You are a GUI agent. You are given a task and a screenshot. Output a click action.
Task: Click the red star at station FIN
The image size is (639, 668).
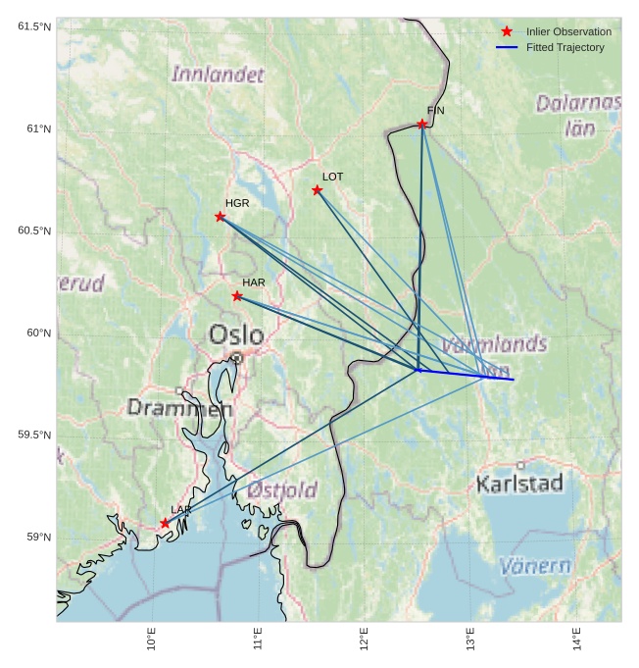pos(422,124)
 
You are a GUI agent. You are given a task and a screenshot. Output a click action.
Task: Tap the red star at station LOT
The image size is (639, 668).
pos(318,190)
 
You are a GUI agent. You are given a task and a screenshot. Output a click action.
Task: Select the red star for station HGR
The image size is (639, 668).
pos(220,217)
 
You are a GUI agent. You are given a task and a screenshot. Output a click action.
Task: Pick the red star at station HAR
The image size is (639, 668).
pos(237,296)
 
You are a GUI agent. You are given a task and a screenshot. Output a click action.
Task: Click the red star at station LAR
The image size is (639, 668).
pos(165,524)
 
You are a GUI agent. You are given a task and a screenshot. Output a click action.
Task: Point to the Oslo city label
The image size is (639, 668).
pos(235,335)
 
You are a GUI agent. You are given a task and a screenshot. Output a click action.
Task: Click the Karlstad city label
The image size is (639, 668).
pos(519,484)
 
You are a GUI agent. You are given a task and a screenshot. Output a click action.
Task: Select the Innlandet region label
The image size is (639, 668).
pos(218,75)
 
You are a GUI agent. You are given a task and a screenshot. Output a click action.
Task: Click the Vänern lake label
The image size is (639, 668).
pos(535,566)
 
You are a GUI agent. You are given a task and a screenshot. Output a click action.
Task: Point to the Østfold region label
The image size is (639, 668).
pos(282,489)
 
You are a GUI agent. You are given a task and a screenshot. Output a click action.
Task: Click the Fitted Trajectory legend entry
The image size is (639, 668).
pos(565,47)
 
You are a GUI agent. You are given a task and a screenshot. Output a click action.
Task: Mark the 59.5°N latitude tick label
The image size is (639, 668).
pos(34,435)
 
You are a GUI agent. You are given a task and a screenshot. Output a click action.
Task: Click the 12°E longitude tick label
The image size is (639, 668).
pos(364,639)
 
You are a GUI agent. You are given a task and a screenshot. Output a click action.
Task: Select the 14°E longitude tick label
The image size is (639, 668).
pos(576,639)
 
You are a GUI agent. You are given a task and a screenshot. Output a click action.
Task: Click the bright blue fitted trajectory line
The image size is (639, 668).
pos(467,375)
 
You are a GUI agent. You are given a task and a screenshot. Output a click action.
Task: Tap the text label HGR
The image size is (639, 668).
pos(237,203)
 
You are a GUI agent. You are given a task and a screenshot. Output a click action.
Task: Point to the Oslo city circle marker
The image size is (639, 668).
pos(236,358)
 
